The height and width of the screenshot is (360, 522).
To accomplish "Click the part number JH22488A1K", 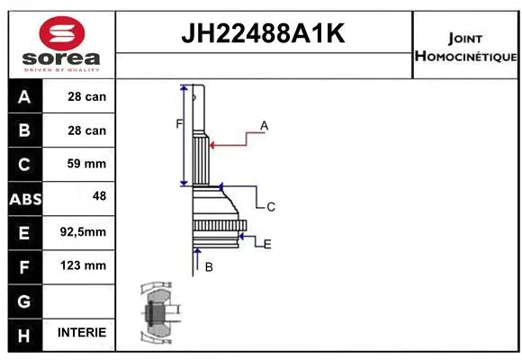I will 264,35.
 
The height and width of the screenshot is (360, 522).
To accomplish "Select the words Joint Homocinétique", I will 465,48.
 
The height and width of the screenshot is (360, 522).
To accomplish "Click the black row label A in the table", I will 24,96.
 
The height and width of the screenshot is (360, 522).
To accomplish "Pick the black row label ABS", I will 24,199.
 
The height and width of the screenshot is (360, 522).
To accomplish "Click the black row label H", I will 24,334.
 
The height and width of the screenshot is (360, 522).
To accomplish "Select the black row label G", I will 24,300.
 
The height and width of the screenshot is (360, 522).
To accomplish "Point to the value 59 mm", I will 86,164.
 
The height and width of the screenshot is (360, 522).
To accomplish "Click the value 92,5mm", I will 83,232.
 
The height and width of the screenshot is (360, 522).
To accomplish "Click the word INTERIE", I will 82,333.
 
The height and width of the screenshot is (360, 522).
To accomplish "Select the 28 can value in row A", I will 86,96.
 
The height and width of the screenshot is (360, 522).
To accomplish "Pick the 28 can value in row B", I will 86,130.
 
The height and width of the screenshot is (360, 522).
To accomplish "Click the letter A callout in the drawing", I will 265,126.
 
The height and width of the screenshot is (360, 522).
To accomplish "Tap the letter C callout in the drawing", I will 270,207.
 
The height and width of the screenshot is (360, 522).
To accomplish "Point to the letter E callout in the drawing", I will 267,244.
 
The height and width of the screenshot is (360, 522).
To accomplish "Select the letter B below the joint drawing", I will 209,266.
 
